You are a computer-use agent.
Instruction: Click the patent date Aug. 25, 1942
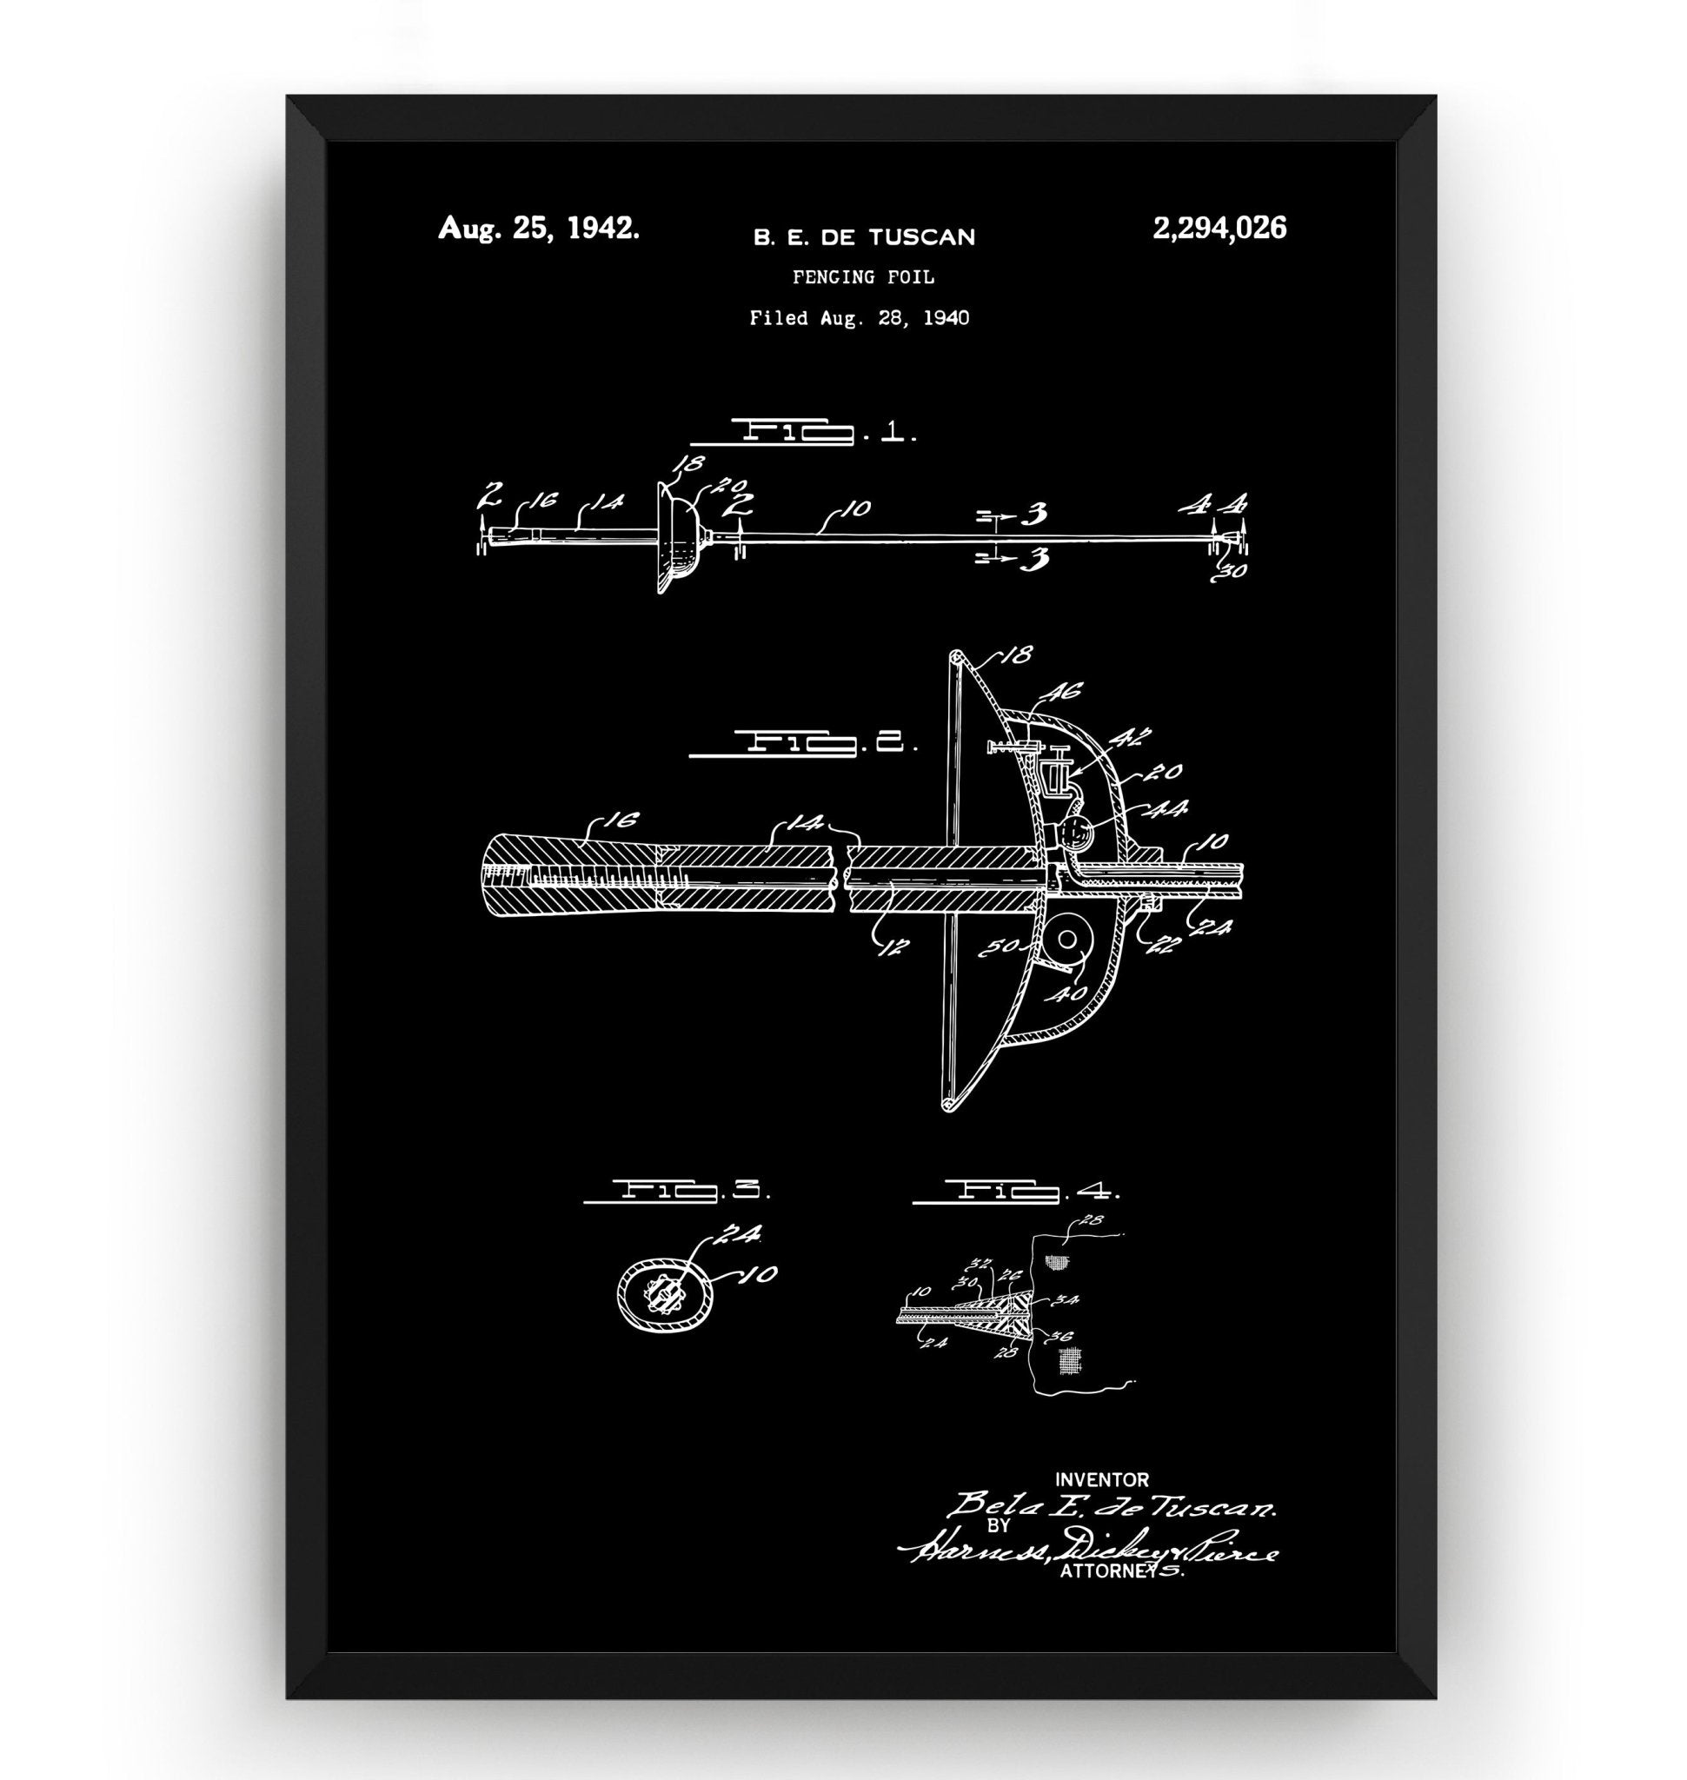pyautogui.click(x=539, y=229)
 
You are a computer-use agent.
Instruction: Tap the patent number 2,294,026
pyautogui.click(x=1219, y=229)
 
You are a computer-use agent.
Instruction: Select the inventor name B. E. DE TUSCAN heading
pyautogui.click(x=863, y=237)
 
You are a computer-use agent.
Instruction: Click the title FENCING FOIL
pyautogui.click(x=863, y=277)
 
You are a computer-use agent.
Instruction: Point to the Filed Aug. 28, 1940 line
pyautogui.click(x=859, y=317)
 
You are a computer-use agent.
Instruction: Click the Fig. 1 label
pyautogui.click(x=802, y=435)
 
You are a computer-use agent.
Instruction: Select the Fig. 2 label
pyautogui.click(x=802, y=744)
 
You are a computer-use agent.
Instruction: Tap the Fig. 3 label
pyautogui.click(x=676, y=1191)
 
